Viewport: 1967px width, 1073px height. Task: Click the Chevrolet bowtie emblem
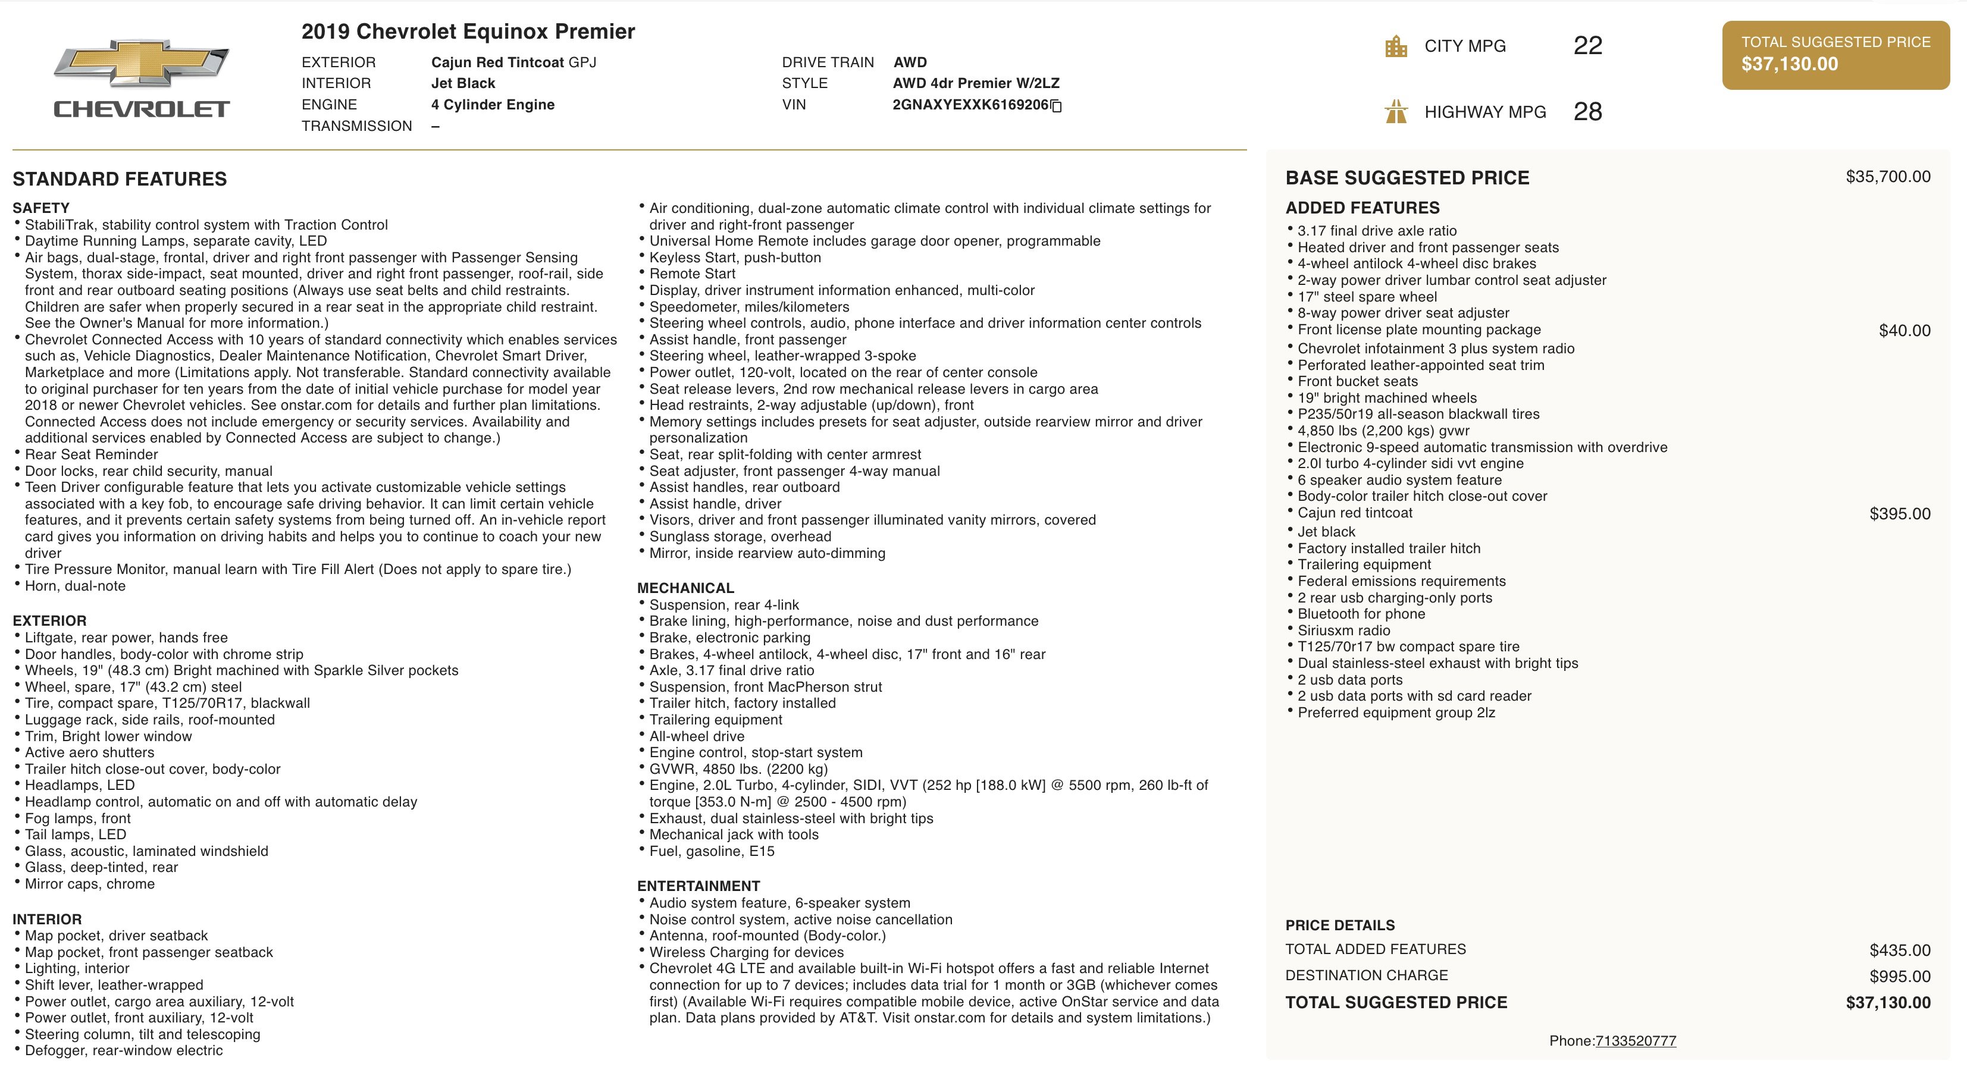(141, 62)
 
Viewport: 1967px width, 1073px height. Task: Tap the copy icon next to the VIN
(1056, 106)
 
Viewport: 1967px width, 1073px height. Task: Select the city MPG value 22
(1587, 46)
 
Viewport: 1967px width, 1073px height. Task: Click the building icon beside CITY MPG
(1396, 46)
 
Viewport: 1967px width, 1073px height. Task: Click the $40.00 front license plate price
(1905, 331)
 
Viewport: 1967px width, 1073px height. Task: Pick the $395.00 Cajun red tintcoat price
(1900, 514)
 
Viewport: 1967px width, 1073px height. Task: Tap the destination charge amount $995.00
(1900, 976)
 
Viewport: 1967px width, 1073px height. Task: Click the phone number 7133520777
(1636, 1041)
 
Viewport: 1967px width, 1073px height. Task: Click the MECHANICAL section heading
(685, 588)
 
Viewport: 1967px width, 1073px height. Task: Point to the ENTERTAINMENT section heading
(699, 886)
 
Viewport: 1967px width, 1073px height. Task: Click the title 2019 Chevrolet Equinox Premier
(468, 32)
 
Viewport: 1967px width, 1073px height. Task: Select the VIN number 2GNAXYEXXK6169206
(970, 105)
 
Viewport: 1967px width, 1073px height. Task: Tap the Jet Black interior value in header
(463, 83)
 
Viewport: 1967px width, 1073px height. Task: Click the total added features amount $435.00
(1900, 950)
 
